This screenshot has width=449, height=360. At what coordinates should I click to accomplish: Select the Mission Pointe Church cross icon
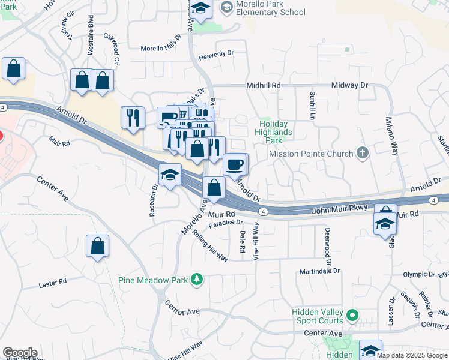[x=362, y=153]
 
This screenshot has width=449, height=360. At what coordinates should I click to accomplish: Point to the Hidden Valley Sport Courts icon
[x=352, y=314]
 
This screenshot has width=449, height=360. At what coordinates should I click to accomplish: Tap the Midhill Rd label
[x=264, y=86]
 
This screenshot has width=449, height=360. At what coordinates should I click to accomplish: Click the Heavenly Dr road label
[x=217, y=53]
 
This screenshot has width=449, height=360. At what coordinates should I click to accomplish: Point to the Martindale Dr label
[x=319, y=271]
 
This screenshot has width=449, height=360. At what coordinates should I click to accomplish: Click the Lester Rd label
[x=53, y=283]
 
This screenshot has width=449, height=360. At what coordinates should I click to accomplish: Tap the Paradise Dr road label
[x=226, y=223]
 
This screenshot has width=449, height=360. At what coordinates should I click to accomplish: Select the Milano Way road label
[x=393, y=136]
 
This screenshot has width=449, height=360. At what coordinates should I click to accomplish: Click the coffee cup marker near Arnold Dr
[x=235, y=164]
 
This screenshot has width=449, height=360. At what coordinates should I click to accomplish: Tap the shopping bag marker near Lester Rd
[x=97, y=246]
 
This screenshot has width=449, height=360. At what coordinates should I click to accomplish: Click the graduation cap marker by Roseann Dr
[x=170, y=175]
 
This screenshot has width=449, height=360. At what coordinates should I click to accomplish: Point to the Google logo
[x=20, y=353]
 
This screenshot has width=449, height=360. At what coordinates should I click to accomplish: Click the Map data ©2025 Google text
[x=412, y=355]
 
